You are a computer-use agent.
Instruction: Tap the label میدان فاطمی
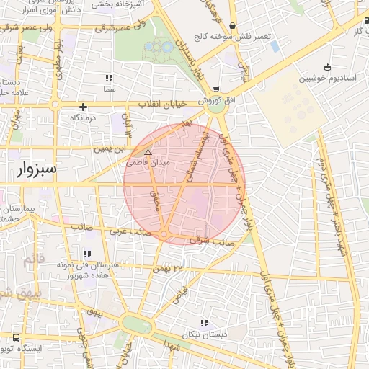pyautogui.click(x=147, y=163)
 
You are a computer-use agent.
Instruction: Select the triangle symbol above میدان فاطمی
pyautogui.click(x=148, y=152)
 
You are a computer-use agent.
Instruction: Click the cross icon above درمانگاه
pyautogui.click(x=84, y=107)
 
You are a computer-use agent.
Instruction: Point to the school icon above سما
pyautogui.click(x=109, y=78)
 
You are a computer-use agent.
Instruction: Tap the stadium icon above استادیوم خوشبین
pyautogui.click(x=328, y=67)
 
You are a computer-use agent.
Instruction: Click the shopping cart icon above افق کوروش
pyautogui.click(x=217, y=90)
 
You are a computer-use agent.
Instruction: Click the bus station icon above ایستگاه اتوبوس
pyautogui.click(x=17, y=337)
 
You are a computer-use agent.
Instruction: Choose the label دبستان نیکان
pyautogui.click(x=204, y=335)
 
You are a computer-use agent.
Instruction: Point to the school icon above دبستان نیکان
pyautogui.click(x=204, y=324)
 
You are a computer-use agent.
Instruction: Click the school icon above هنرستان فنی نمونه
pyautogui.click(x=87, y=254)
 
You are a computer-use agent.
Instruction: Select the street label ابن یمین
pyautogui.click(x=115, y=148)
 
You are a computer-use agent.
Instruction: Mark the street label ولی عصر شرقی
pyautogui.click(x=130, y=27)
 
